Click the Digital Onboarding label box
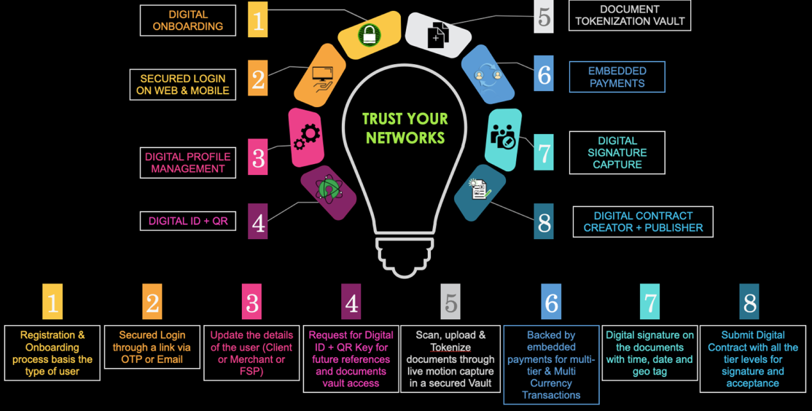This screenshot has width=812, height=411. point(188,20)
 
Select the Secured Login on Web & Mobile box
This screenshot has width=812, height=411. point(183,85)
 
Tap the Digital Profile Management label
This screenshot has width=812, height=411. point(188,163)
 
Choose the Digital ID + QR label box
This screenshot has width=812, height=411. point(188,221)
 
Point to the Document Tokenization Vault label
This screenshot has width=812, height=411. point(630,15)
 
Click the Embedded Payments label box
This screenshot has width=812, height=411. point(617,77)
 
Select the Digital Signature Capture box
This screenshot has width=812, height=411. point(617,153)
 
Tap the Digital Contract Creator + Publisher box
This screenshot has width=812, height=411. point(643,222)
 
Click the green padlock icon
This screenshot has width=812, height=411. point(370,35)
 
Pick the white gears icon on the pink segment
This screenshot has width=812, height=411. point(307,137)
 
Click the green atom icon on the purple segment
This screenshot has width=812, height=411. point(328,189)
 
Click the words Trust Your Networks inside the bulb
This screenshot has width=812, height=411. point(405,128)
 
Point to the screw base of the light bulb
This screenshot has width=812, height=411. point(405,257)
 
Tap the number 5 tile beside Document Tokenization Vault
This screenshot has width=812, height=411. point(544,17)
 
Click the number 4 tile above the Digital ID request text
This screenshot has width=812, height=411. point(351,301)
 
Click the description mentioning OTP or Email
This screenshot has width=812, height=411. point(152,347)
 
